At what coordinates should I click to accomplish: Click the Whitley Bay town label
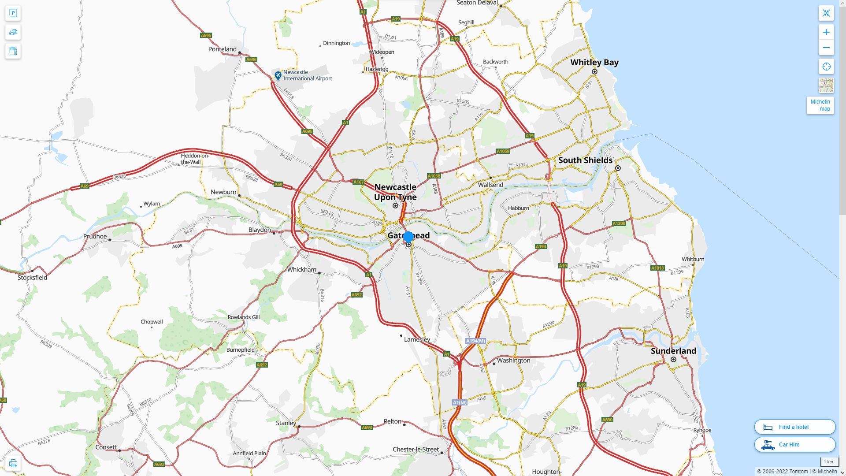(x=594, y=63)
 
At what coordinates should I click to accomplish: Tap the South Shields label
(x=585, y=160)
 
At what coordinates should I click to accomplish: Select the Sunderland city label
(x=673, y=351)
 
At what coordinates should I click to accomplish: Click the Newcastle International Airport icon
(x=278, y=76)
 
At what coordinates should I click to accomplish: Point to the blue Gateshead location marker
(x=408, y=237)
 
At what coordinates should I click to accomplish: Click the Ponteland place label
(x=222, y=49)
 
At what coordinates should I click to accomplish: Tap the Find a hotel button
(x=794, y=427)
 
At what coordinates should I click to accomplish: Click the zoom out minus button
(x=826, y=48)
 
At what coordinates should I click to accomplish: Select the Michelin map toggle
(x=820, y=105)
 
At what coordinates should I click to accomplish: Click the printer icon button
(x=13, y=463)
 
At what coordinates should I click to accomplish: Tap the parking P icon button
(x=13, y=13)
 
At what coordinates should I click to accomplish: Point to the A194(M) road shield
(x=475, y=341)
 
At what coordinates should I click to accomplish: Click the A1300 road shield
(x=619, y=223)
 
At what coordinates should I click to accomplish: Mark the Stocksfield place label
(x=32, y=278)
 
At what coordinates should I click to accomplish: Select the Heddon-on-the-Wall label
(x=195, y=159)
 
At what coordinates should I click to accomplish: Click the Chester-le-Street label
(x=416, y=450)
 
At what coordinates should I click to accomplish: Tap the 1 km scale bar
(x=829, y=462)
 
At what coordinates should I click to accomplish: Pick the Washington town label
(x=513, y=361)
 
